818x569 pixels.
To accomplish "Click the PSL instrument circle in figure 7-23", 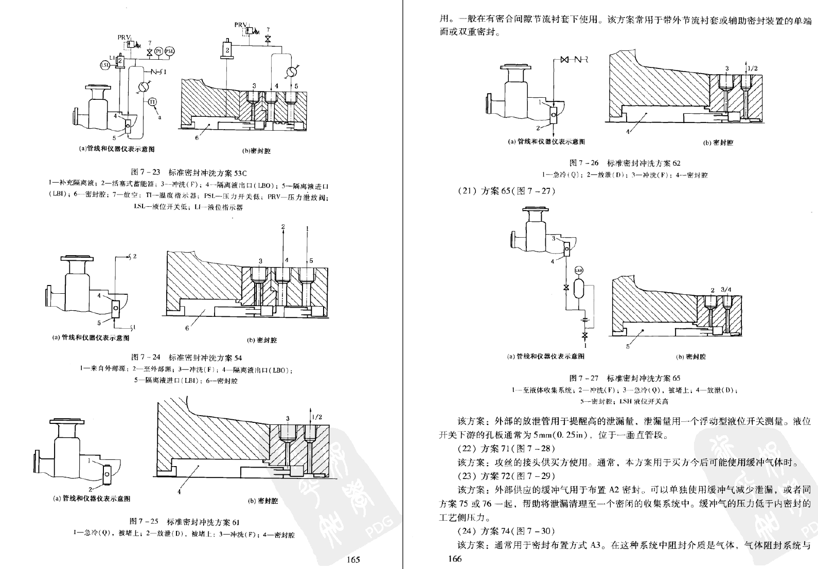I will (169, 51).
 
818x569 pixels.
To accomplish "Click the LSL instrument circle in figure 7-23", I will (104, 65).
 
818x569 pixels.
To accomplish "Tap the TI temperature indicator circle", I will (152, 102).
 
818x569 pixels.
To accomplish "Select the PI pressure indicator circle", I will (159, 51).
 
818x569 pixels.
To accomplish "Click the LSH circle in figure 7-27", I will (579, 270).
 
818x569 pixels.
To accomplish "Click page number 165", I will (353, 560).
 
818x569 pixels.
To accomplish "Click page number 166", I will (455, 559).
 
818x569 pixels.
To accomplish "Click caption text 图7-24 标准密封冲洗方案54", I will (187, 357).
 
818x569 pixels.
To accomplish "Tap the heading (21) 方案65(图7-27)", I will (506, 191).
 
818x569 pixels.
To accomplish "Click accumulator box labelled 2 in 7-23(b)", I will (227, 49).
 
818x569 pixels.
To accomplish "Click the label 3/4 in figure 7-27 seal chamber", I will (726, 290).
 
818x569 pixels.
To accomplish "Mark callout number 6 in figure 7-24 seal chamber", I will (187, 328).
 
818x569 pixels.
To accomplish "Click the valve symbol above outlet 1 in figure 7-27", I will (584, 336).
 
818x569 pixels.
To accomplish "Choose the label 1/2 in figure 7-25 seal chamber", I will (317, 417).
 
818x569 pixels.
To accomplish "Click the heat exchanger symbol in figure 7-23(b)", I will (291, 71).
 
